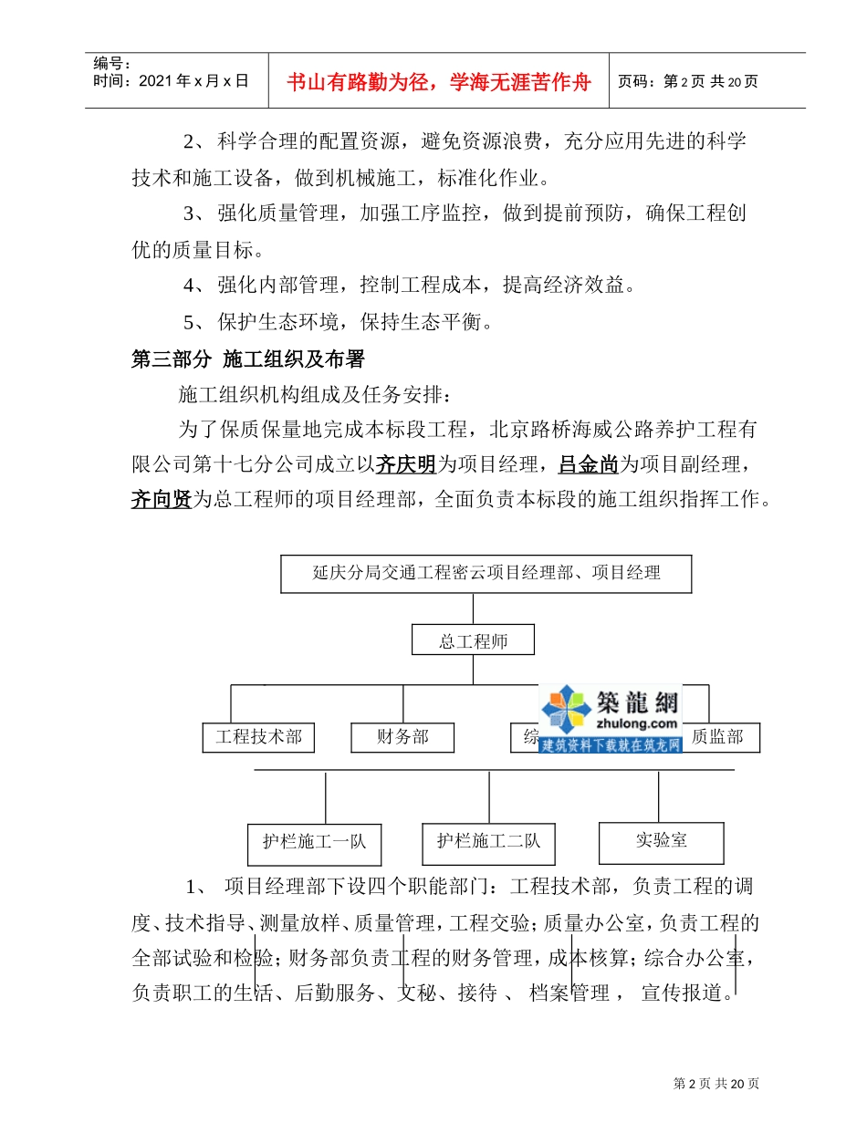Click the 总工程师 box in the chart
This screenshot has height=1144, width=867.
coord(473,641)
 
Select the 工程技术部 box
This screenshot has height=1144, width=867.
coord(258,737)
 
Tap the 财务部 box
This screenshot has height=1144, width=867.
coord(402,737)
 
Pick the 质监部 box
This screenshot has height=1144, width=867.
coord(717,737)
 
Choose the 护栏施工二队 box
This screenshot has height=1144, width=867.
coord(488,841)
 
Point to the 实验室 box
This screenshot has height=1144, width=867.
coord(661,841)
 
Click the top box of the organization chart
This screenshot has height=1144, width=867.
coord(486,574)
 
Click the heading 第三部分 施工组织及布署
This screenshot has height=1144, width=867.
coord(248,359)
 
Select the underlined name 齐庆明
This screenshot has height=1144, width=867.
coord(406,465)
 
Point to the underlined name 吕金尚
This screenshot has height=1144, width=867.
coord(589,465)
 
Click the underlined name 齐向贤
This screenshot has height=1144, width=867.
coord(162,499)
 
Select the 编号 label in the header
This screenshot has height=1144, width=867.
coord(111,63)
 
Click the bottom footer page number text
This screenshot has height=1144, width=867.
coord(716,1084)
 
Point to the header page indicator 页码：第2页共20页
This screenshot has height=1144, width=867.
coord(688,81)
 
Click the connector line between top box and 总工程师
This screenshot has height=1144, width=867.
coord(473,609)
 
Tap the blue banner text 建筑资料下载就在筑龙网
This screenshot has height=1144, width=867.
coord(611,744)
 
